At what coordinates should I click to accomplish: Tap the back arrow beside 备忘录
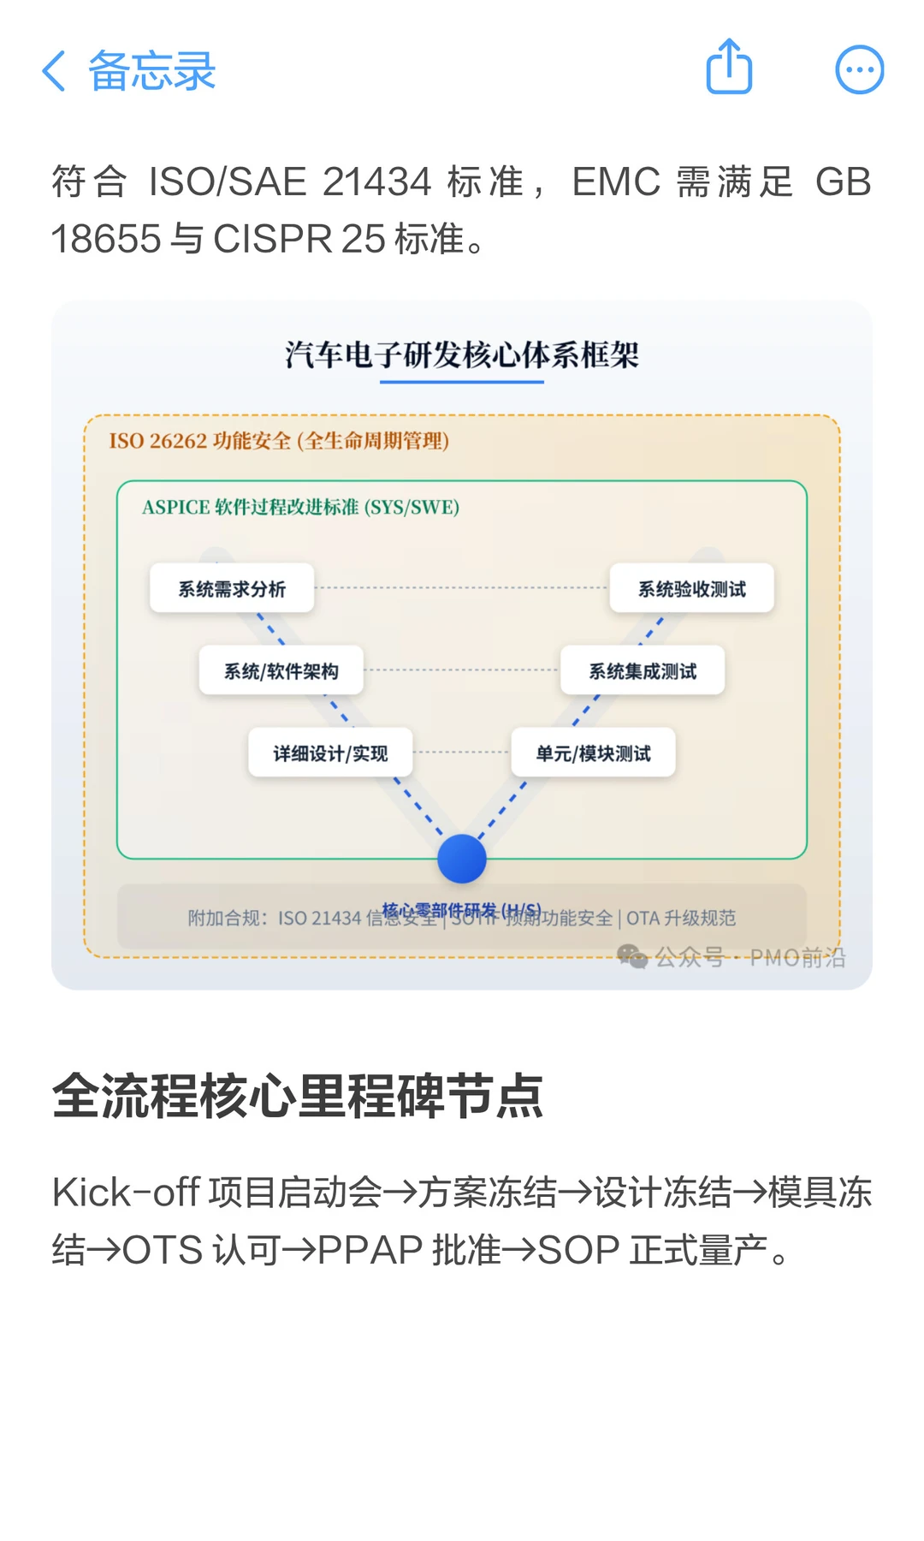(54, 71)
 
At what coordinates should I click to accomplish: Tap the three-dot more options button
(859, 69)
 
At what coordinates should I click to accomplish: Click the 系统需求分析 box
(232, 589)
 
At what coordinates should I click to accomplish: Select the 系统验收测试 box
(691, 589)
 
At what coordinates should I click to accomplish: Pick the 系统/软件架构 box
(281, 671)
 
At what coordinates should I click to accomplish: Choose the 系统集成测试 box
(643, 671)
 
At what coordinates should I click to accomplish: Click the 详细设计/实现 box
(330, 753)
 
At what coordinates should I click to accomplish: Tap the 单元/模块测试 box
(593, 753)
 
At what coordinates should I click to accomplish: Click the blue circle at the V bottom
(462, 859)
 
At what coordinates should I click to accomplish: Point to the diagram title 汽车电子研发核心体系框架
(462, 354)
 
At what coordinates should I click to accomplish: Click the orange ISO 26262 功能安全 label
(279, 441)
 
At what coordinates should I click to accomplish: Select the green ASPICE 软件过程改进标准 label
(300, 508)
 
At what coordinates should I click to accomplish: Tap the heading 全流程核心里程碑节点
(298, 1096)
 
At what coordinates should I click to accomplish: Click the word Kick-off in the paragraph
(126, 1193)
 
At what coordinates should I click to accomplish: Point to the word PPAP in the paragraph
(370, 1251)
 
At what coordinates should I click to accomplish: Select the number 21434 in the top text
(377, 182)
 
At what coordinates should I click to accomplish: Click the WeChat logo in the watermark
(632, 956)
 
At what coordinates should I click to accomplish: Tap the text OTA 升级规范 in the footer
(681, 919)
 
